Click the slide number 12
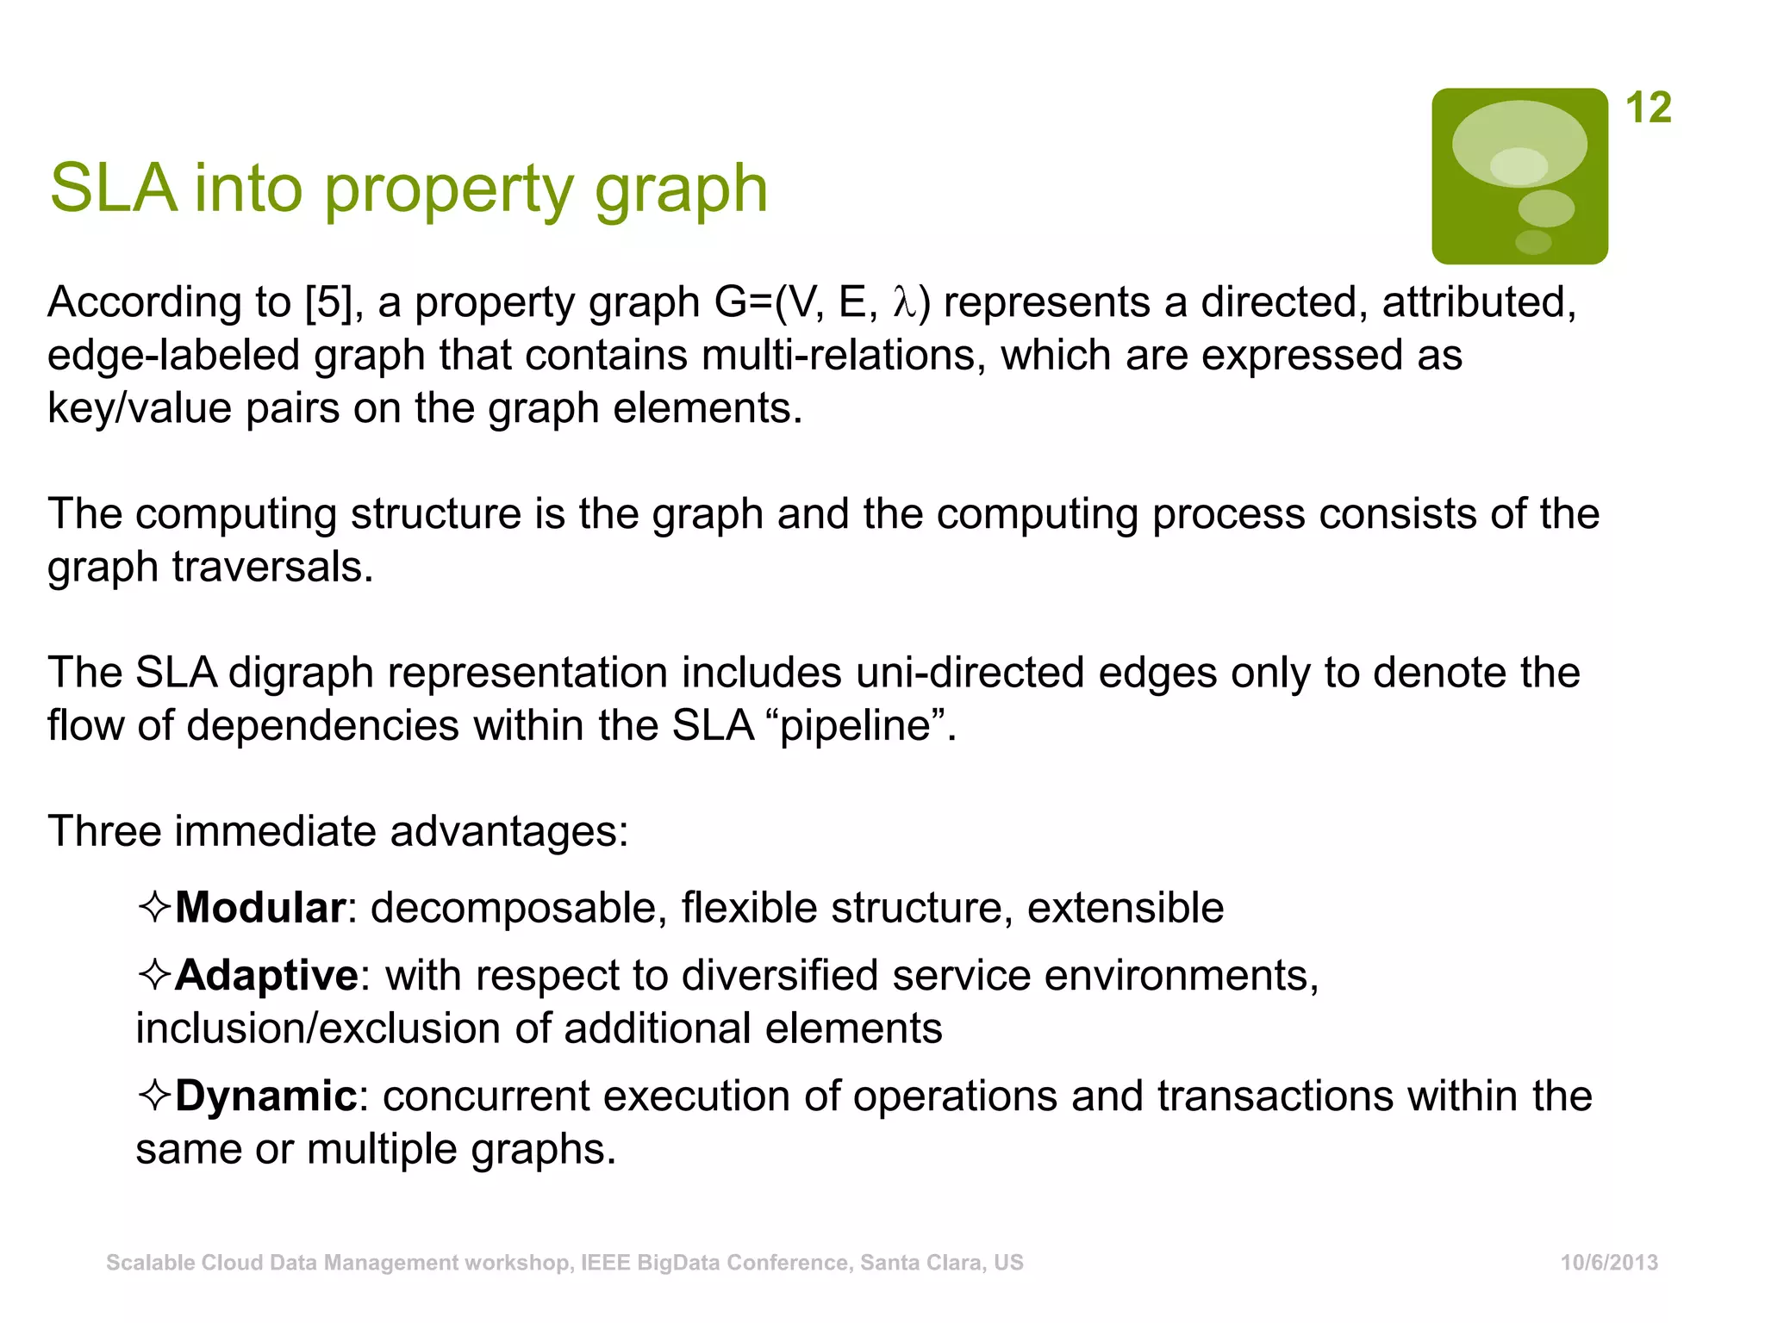pyautogui.click(x=1648, y=109)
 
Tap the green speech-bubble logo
pyautogui.click(x=1519, y=176)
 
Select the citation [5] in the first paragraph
pyautogui.click(x=328, y=302)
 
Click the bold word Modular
pyautogui.click(x=260, y=908)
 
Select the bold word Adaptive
pyautogui.click(x=266, y=975)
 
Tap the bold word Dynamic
pyautogui.click(x=265, y=1096)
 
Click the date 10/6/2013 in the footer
pyautogui.click(x=1609, y=1263)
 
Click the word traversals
pyautogui.click(x=272, y=567)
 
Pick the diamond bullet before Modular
pyautogui.click(x=154, y=908)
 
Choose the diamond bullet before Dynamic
pyautogui.click(x=154, y=1096)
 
